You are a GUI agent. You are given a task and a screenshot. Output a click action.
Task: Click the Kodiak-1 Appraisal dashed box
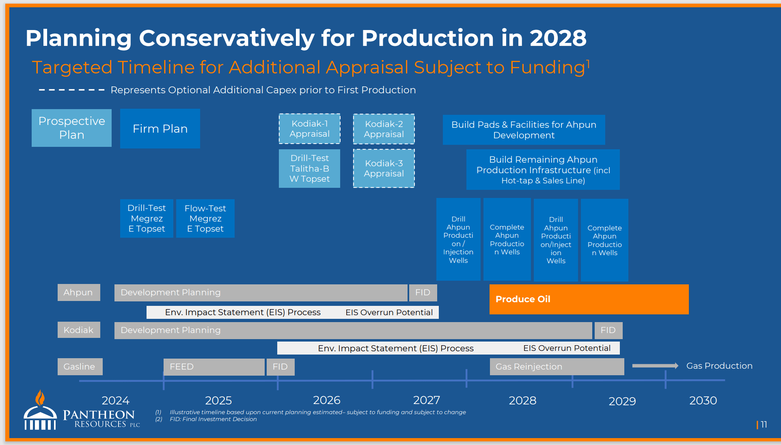(x=309, y=129)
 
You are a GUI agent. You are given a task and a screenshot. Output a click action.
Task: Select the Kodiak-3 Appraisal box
(x=384, y=168)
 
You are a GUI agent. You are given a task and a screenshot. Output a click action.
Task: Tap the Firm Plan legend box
(x=160, y=129)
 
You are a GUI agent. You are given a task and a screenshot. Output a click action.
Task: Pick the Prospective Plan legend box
(x=71, y=128)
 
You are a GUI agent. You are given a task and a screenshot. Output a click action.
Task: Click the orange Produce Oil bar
(x=589, y=299)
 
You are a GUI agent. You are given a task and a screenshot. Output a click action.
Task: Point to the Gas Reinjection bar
(x=557, y=367)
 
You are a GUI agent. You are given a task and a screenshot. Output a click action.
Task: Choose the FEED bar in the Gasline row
(x=214, y=367)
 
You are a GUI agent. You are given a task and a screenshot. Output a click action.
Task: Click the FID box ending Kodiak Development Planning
(x=608, y=330)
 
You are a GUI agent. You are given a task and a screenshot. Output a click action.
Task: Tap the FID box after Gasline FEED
(x=280, y=367)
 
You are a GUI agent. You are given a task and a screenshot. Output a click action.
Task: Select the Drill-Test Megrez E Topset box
(x=147, y=218)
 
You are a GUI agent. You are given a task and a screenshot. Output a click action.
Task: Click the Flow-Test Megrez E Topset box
(x=205, y=218)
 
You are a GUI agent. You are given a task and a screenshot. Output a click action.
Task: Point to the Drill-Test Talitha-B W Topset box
(x=309, y=168)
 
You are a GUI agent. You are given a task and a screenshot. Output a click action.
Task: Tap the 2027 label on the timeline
(x=427, y=400)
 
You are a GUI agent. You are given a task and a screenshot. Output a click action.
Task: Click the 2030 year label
(x=703, y=401)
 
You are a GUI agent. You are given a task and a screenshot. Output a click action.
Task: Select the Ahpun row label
(x=79, y=292)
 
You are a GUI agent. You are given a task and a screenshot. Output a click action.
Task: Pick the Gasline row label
(x=80, y=367)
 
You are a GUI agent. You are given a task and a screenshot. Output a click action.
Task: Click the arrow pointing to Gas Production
(x=655, y=366)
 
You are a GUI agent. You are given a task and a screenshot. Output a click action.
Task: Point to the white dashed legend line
(x=71, y=90)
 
